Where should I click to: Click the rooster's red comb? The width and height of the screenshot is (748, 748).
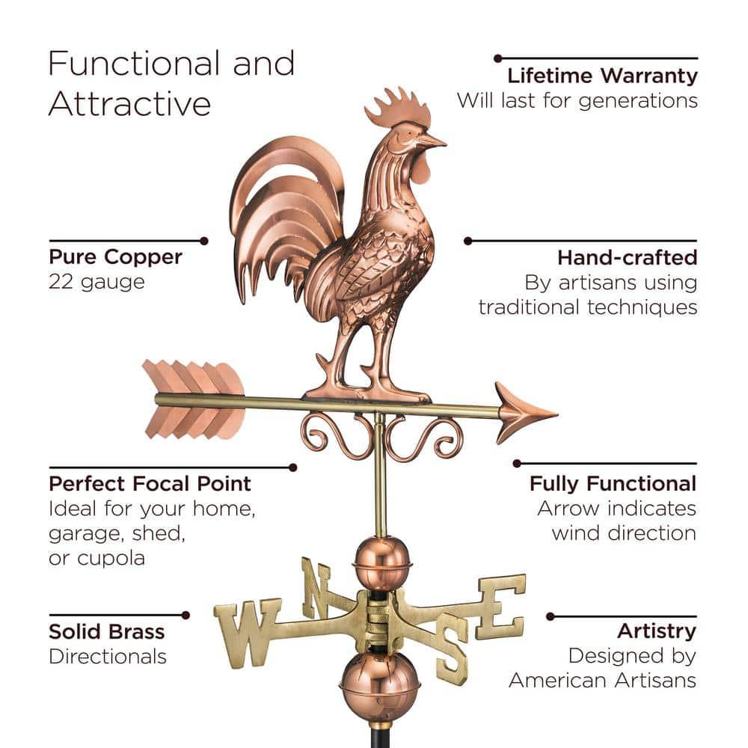[x=399, y=108]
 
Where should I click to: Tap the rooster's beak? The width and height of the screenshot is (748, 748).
[x=432, y=141]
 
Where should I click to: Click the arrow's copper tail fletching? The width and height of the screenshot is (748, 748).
[x=193, y=399]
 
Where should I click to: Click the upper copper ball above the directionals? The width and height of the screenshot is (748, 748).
[x=382, y=563]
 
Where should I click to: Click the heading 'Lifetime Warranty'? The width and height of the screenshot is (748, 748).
[x=602, y=76]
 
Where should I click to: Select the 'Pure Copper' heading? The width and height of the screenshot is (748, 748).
[x=115, y=257]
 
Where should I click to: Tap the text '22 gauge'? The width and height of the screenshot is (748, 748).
[x=96, y=282]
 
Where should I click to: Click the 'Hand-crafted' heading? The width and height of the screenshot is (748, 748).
[x=628, y=257]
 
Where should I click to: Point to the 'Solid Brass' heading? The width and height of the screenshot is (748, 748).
[x=107, y=631]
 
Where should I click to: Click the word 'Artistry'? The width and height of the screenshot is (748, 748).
[x=657, y=631]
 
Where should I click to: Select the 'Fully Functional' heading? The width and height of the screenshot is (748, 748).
[x=613, y=484]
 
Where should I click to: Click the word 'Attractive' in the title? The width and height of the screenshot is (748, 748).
[x=129, y=104]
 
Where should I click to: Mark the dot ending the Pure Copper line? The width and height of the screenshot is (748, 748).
[x=204, y=241]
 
